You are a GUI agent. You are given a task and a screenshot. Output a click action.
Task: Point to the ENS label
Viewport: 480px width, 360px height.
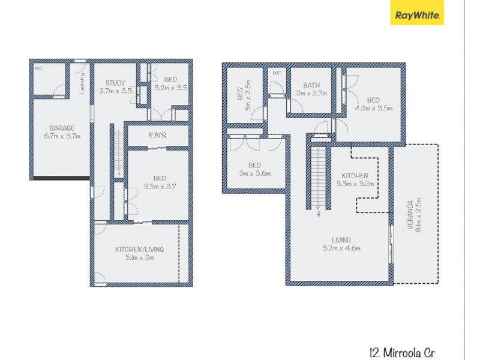click(157, 136)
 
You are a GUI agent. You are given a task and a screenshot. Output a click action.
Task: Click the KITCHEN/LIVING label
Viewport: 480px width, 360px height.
click(139, 249)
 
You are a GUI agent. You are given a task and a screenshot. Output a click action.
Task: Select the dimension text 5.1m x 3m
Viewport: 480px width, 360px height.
click(139, 259)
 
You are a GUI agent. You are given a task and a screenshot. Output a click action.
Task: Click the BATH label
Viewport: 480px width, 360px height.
click(311, 85)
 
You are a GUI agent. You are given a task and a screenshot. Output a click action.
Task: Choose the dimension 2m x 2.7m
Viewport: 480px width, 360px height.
click(311, 94)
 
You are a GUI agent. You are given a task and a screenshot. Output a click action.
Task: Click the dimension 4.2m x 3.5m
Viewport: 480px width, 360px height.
click(373, 109)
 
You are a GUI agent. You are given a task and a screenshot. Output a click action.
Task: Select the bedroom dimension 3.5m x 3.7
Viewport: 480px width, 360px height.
click(159, 187)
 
